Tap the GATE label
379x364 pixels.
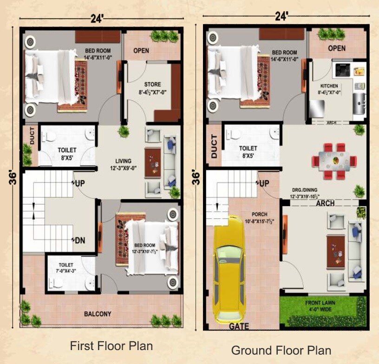pos(239,326)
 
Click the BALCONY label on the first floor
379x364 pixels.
pos(98,314)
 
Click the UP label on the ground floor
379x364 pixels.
pos(263,183)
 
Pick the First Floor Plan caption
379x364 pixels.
pos(111,346)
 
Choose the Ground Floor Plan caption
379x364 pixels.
pos(281,350)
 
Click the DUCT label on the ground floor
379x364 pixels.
pos(214,146)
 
